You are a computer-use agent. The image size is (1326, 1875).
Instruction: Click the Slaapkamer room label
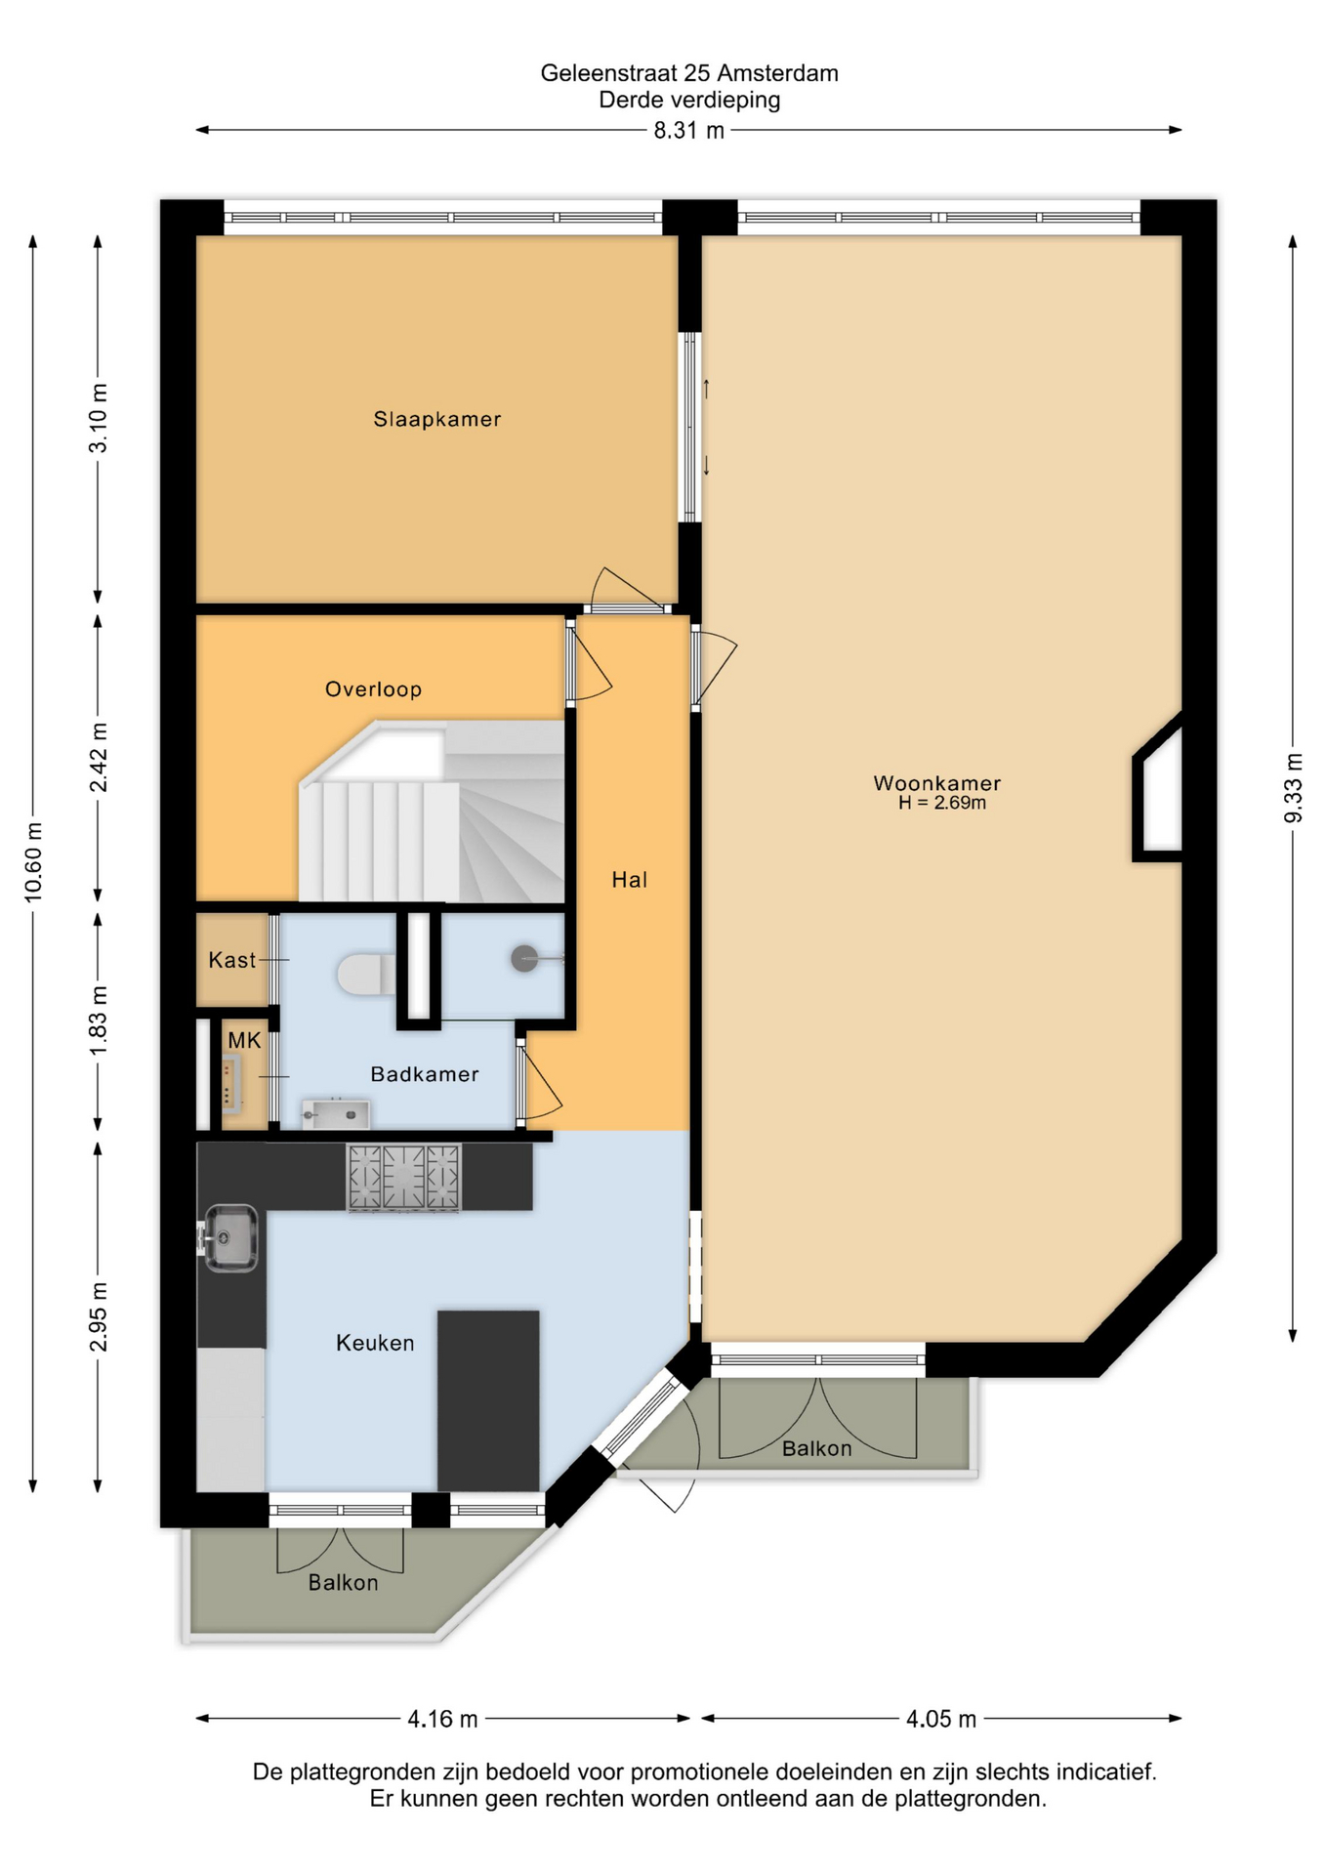click(x=436, y=420)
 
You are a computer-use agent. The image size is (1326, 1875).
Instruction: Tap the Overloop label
click(x=373, y=689)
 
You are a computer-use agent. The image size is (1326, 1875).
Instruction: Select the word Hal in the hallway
click(x=629, y=880)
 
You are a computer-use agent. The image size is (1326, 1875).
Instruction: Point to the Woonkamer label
click(x=936, y=783)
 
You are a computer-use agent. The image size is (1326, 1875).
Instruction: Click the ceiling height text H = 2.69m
click(x=942, y=803)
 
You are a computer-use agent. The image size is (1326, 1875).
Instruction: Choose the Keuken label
click(x=375, y=1343)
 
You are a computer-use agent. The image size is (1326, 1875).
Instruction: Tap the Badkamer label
click(x=425, y=1074)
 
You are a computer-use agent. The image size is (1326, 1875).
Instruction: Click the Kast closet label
click(x=231, y=960)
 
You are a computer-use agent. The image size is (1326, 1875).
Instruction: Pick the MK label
click(x=244, y=1041)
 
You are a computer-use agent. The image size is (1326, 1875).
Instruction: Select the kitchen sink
click(x=230, y=1238)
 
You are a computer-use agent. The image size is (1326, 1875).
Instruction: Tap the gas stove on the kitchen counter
click(x=403, y=1178)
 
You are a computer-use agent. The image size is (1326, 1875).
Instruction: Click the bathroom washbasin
click(x=335, y=1114)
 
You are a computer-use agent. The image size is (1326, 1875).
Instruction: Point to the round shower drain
click(x=524, y=958)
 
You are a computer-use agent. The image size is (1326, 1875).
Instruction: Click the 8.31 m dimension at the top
click(x=689, y=131)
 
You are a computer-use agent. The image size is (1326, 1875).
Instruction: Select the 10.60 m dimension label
click(x=33, y=862)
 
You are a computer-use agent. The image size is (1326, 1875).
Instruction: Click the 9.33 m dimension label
click(x=1293, y=788)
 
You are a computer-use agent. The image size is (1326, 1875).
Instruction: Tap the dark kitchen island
click(x=488, y=1400)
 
